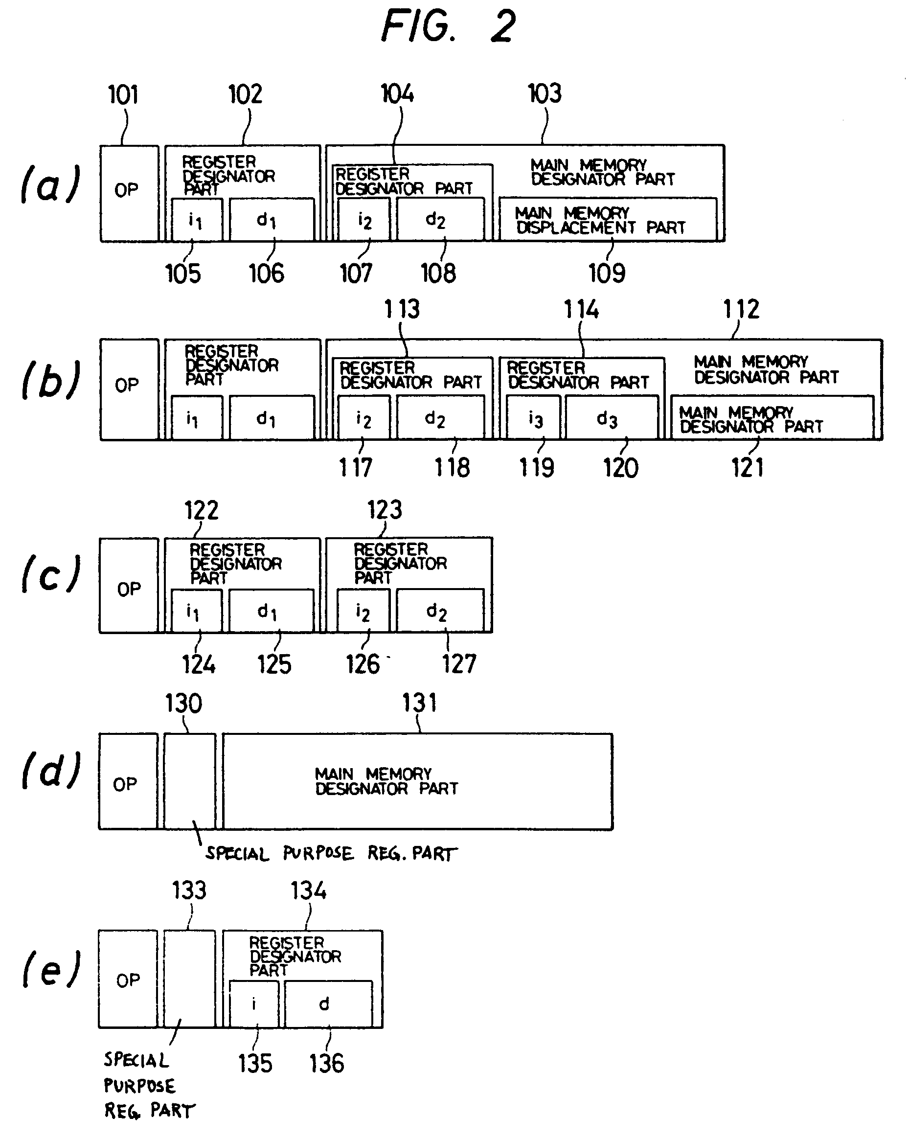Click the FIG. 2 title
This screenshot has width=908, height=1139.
pos(448,26)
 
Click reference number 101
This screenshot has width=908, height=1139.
pos(123,95)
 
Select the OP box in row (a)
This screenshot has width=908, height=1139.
pos(129,193)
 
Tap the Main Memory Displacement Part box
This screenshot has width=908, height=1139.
pos(608,220)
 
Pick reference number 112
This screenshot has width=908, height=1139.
pos(741,309)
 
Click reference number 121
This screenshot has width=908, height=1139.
pos(747,468)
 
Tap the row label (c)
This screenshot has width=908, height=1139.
pos(51,574)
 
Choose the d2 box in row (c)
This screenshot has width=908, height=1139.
pos(439,611)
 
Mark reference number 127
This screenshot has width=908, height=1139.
pos(458,663)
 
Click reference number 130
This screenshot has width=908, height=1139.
pos(183,704)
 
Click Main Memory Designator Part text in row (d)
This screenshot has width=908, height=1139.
pos(386,781)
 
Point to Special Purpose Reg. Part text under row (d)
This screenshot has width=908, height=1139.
pos(331,853)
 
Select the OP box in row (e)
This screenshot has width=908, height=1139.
pos(128,980)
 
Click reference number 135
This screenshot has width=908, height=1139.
pos(254,1063)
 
